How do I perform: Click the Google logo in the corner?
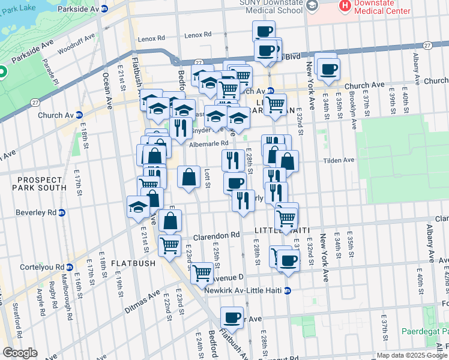tap(20, 353)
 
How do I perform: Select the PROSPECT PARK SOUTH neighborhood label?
tap(33, 184)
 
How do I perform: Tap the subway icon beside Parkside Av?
tap(104, 8)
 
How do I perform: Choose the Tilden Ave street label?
tap(340, 160)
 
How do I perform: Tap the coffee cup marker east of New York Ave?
tap(328, 69)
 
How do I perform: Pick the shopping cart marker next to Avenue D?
tap(202, 273)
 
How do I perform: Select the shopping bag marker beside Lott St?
tap(189, 177)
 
